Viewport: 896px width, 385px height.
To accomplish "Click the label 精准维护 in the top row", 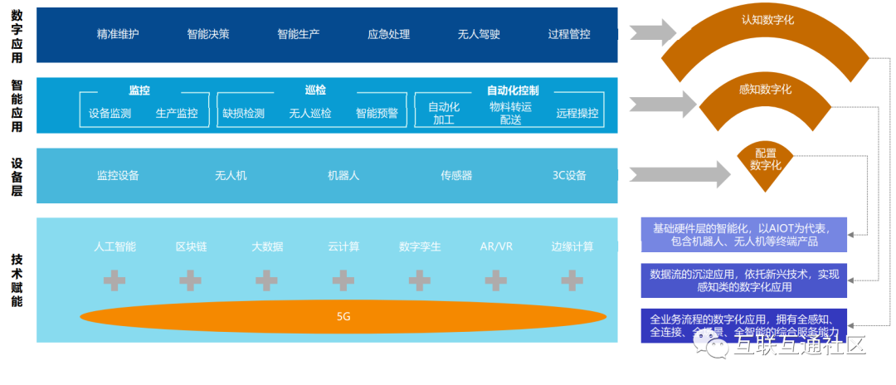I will [x=118, y=35].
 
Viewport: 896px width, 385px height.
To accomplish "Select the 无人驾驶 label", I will [x=479, y=35].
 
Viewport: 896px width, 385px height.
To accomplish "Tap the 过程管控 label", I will [x=569, y=35].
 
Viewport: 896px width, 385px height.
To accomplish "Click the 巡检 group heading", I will [x=315, y=90].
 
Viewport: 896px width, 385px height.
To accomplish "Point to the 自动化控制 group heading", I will [x=513, y=90].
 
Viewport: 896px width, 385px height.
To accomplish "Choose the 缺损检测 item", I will [x=243, y=114].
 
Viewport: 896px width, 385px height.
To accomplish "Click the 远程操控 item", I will [x=577, y=114].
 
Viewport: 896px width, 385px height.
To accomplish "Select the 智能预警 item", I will [x=377, y=114].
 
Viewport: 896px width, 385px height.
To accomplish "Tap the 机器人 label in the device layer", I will [x=343, y=176].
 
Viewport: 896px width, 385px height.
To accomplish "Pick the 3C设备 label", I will [x=569, y=176].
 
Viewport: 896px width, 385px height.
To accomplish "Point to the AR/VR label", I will [x=496, y=247].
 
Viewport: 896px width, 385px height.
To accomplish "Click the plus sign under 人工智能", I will [x=114, y=280].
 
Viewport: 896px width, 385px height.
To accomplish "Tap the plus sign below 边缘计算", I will [x=572, y=280].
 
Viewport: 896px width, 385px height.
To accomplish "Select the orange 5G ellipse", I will [x=343, y=317].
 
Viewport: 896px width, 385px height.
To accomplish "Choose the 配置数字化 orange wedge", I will [x=765, y=160].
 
